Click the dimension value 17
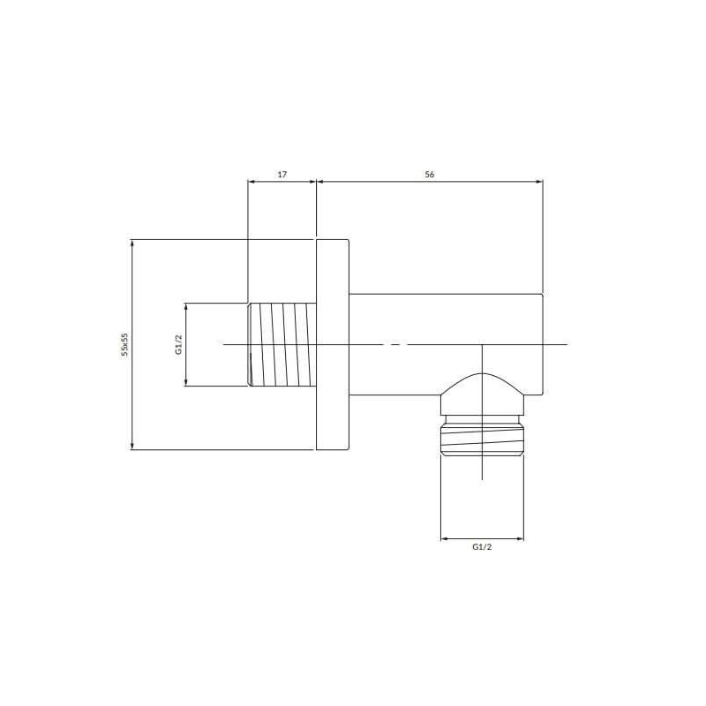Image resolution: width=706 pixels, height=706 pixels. (282, 174)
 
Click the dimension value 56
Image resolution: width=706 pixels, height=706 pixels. (430, 174)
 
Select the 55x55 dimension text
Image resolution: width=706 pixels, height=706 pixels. (124, 345)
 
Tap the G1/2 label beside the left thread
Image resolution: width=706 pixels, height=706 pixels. (179, 345)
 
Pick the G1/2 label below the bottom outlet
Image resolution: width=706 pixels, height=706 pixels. (482, 547)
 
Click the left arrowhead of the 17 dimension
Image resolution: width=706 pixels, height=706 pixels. (252, 182)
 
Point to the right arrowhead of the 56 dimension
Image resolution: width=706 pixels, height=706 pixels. (539, 182)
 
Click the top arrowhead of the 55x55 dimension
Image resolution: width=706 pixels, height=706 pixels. (131, 244)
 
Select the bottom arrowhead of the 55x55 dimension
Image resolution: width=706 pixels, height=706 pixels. (131, 446)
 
